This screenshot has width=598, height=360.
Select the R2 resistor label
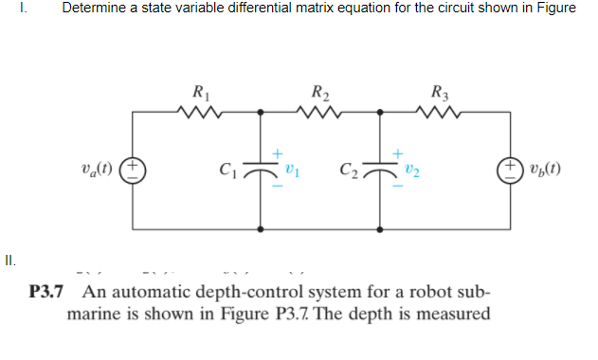319,94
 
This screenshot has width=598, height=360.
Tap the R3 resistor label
439,94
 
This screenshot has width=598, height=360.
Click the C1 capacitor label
228,171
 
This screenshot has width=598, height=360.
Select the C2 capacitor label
348,171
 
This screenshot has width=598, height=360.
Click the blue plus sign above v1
278,152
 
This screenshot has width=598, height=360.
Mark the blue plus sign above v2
398,152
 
